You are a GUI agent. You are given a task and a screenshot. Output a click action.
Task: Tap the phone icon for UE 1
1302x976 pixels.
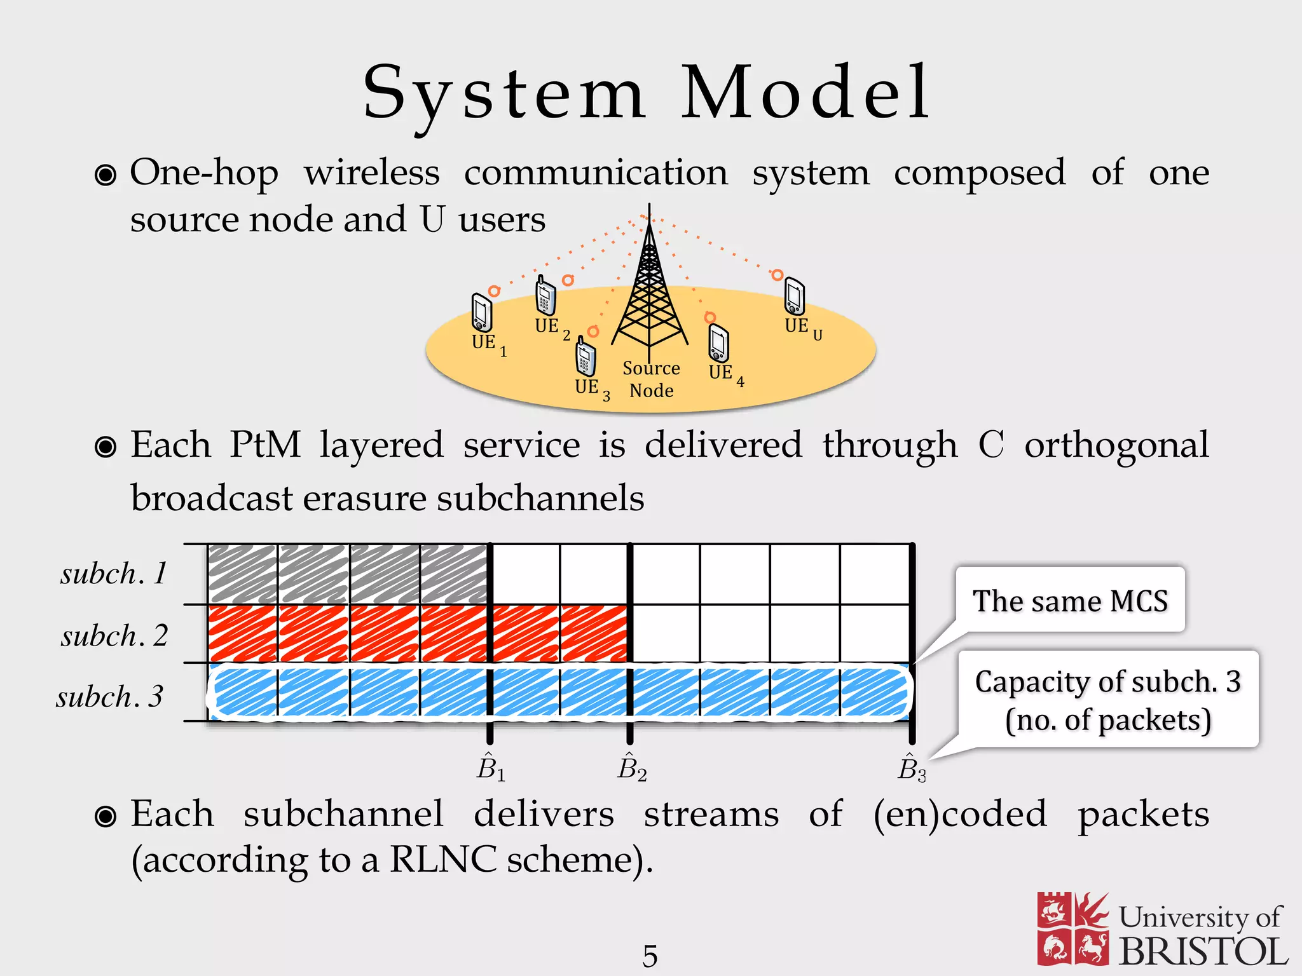pyautogui.click(x=481, y=312)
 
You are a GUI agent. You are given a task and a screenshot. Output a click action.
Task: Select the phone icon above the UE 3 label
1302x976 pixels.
pyautogui.click(x=586, y=357)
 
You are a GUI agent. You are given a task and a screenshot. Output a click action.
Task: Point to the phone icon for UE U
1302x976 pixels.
pyautogui.click(x=794, y=296)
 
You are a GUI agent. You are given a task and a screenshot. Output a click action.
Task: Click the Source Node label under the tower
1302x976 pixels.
pyautogui.click(x=651, y=379)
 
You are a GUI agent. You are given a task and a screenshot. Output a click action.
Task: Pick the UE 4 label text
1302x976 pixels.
pyautogui.click(x=725, y=374)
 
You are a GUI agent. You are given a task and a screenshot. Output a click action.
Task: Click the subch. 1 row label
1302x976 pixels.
pyautogui.click(x=114, y=574)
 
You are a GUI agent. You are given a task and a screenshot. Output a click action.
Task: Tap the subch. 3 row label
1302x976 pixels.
pyautogui.click(x=110, y=696)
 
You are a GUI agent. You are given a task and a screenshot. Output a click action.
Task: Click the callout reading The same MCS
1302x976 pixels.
pyautogui.click(x=1070, y=600)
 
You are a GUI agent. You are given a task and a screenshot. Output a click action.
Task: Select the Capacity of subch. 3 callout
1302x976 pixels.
pyautogui.click(x=1107, y=700)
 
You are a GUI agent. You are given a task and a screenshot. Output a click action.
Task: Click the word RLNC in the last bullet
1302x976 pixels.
pyautogui.click(x=442, y=860)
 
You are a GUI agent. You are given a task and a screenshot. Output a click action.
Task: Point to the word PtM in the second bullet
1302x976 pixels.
pyautogui.click(x=265, y=444)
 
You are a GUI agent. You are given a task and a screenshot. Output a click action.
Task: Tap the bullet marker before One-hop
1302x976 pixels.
pyautogui.click(x=106, y=175)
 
